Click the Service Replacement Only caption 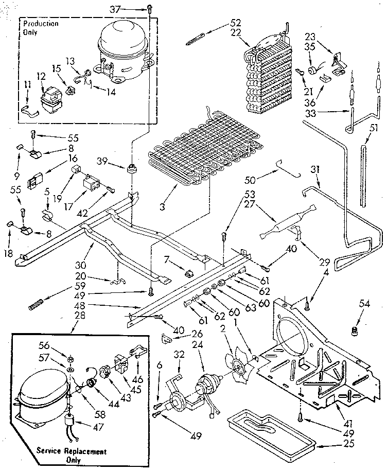pyautogui.click(x=72, y=455)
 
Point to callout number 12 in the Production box pyautogui.click(x=41, y=76)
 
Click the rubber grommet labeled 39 pyautogui.click(x=133, y=168)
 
